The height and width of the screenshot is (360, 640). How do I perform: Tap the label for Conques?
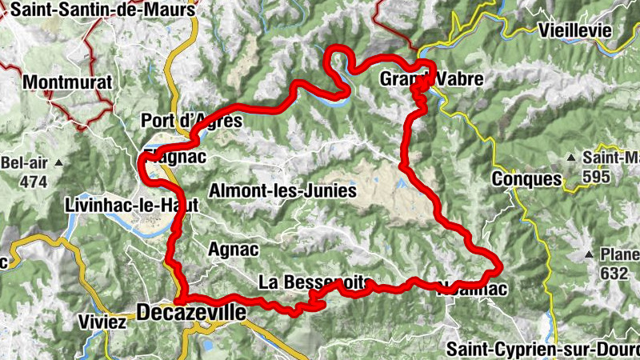click(527, 179)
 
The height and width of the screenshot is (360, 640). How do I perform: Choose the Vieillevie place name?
click(575, 30)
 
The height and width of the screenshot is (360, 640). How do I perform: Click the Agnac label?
click(233, 250)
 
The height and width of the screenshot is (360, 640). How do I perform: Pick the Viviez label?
click(103, 323)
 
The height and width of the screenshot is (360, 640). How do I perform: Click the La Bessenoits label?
click(315, 282)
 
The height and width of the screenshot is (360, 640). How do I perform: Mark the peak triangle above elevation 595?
click(573, 157)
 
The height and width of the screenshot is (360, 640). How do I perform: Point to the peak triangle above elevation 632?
click(590, 255)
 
